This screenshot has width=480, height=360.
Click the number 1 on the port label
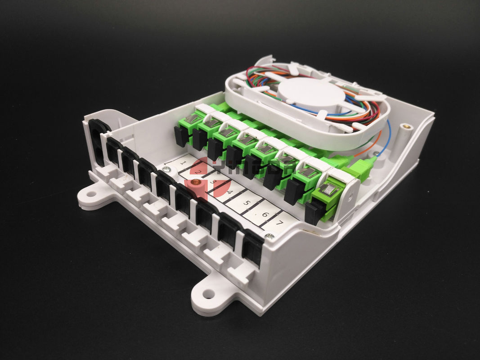click(183, 162)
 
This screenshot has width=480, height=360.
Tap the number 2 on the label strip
click(197, 171)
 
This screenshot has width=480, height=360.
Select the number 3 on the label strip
click(214, 182)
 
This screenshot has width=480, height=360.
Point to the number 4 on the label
click(229, 193)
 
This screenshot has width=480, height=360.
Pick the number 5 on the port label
click(246, 203)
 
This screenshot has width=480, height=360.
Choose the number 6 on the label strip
click(264, 214)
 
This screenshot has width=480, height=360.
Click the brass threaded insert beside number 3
click(195, 184)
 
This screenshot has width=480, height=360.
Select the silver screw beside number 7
click(269, 236)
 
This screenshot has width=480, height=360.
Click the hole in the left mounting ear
click(92, 194)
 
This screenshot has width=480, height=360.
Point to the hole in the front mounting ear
click(208, 294)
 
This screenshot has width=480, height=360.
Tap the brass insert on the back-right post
click(407, 128)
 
